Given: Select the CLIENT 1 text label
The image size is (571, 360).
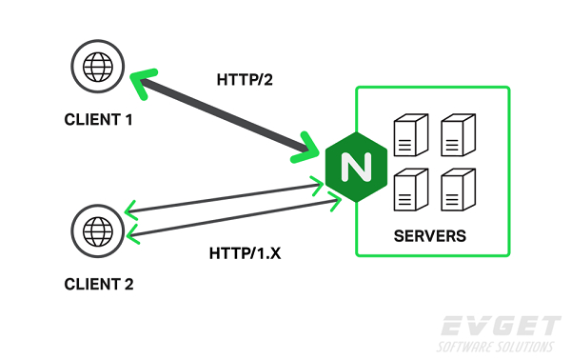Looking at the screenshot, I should tap(98, 121).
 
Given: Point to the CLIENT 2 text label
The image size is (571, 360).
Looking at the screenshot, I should tap(98, 284).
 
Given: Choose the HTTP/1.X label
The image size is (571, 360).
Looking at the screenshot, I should tap(246, 253).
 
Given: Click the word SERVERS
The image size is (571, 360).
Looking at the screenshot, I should tap(430, 235).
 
